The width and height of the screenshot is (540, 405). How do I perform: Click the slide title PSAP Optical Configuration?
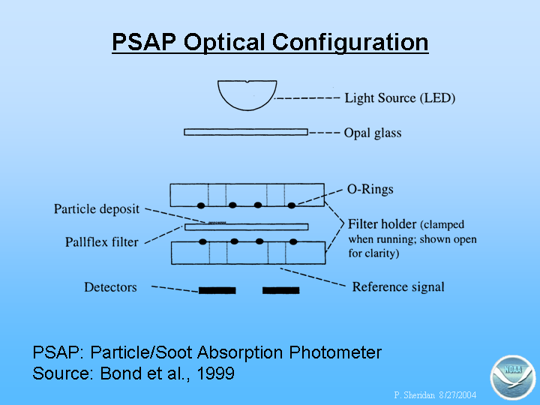[x=270, y=43]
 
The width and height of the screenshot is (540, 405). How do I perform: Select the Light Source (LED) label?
[x=400, y=98]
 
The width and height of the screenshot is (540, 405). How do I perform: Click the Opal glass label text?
[x=373, y=133]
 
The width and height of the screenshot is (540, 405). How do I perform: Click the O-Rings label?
[x=370, y=189]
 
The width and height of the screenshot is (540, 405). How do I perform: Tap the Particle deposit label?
[x=97, y=209]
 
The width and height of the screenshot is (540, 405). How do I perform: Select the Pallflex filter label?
[x=101, y=241]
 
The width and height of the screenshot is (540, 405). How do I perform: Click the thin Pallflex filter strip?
[x=247, y=227]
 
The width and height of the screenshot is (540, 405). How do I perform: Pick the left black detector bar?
[x=217, y=290]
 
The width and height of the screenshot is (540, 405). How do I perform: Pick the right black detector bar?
[x=281, y=290]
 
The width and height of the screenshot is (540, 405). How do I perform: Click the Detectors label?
[x=110, y=287]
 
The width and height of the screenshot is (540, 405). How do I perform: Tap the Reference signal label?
[x=398, y=286]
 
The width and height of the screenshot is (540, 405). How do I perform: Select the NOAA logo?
[x=513, y=377]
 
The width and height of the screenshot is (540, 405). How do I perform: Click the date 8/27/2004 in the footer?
[x=457, y=394]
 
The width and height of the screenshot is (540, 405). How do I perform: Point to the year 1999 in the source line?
[x=216, y=373]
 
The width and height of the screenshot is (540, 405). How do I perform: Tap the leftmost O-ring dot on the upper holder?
[x=201, y=205]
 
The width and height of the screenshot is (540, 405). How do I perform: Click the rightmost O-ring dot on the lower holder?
[x=293, y=241]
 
